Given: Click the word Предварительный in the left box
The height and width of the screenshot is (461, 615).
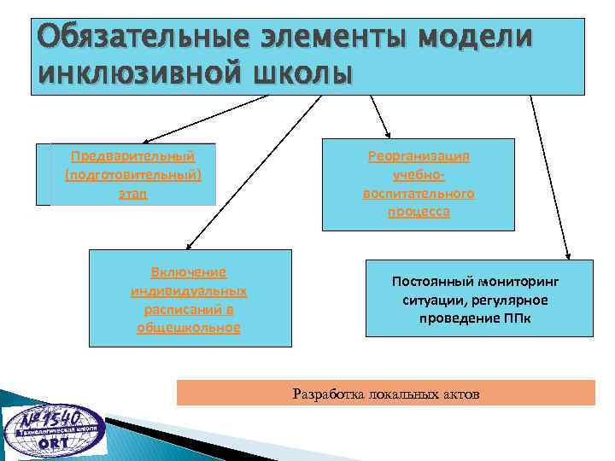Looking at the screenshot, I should click(132, 156).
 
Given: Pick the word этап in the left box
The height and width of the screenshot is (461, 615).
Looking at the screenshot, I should click(132, 194).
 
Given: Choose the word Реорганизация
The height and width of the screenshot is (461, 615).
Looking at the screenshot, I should click(419, 156).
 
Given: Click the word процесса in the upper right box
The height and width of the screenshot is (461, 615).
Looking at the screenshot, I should click(419, 212).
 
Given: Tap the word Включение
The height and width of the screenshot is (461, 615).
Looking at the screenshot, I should click(189, 272).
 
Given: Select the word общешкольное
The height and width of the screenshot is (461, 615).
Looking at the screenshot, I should click(189, 327).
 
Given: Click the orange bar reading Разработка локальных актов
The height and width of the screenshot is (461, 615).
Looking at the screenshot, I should click(385, 394).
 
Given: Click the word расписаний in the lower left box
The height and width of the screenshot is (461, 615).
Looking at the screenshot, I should click(189, 309).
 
